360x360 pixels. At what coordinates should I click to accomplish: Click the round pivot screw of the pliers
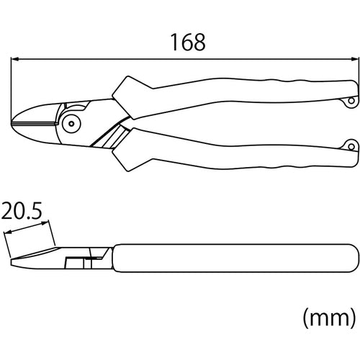coord(71,124)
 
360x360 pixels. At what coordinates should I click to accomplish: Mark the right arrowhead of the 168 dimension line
coord(355,60)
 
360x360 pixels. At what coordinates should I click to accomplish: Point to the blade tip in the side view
coord(12,261)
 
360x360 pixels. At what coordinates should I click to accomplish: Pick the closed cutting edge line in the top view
coord(36,123)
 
